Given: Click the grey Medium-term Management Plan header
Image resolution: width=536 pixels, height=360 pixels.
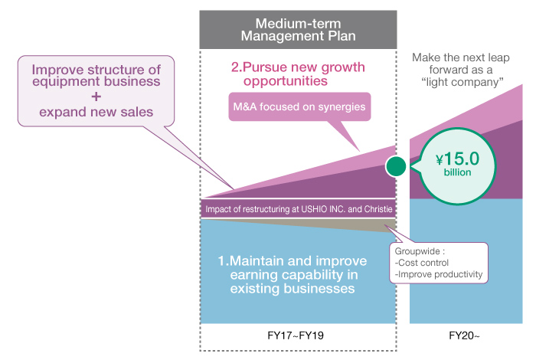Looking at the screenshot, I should [297, 28].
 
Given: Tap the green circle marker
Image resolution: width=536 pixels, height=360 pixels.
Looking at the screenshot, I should [395, 165].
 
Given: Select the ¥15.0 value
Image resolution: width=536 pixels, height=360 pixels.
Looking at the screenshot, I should [457, 159].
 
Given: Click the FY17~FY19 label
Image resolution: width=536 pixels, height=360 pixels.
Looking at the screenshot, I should [297, 335].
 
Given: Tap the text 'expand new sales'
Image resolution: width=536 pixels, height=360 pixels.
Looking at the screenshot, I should [96, 113].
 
